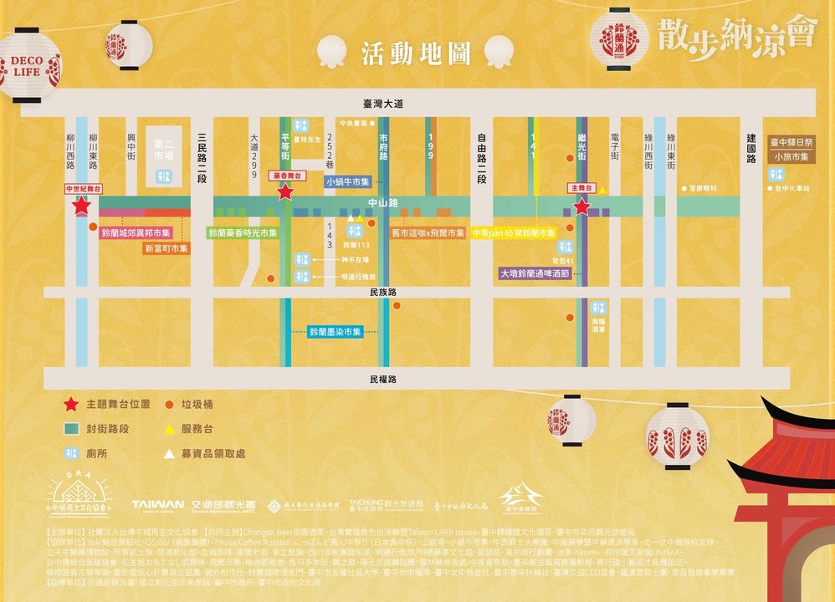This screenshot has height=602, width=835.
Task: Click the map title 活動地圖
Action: [x=412, y=53]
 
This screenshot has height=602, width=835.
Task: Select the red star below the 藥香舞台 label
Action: [x=285, y=192]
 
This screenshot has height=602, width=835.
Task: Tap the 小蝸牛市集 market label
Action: [x=347, y=181]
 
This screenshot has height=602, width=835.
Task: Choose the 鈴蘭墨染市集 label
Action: [x=335, y=332]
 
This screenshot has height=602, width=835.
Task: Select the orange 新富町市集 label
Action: [x=166, y=248]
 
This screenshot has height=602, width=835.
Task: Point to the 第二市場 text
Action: [x=163, y=149]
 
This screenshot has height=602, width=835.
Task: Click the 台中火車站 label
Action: [x=791, y=189]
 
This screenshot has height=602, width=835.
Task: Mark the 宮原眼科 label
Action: [x=703, y=189]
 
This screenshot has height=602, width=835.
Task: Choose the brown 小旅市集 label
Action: [x=791, y=156]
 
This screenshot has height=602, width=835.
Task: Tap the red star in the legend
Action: [x=73, y=405]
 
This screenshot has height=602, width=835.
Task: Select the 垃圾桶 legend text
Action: [x=197, y=405]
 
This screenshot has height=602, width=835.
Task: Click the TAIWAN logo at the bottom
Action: [x=157, y=504]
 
